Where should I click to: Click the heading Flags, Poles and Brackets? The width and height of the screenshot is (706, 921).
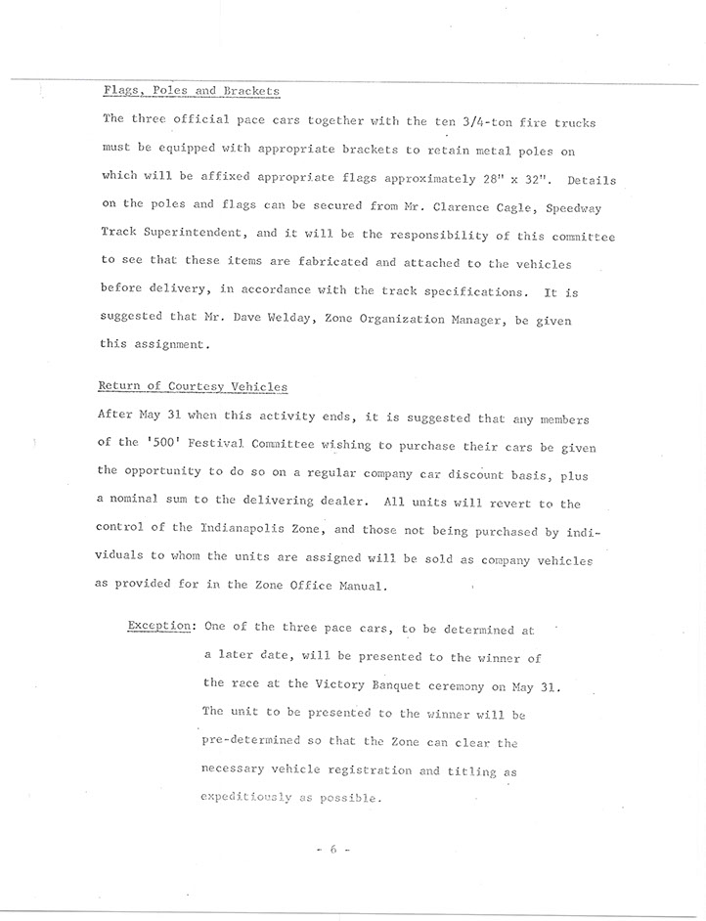pyautogui.click(x=192, y=91)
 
